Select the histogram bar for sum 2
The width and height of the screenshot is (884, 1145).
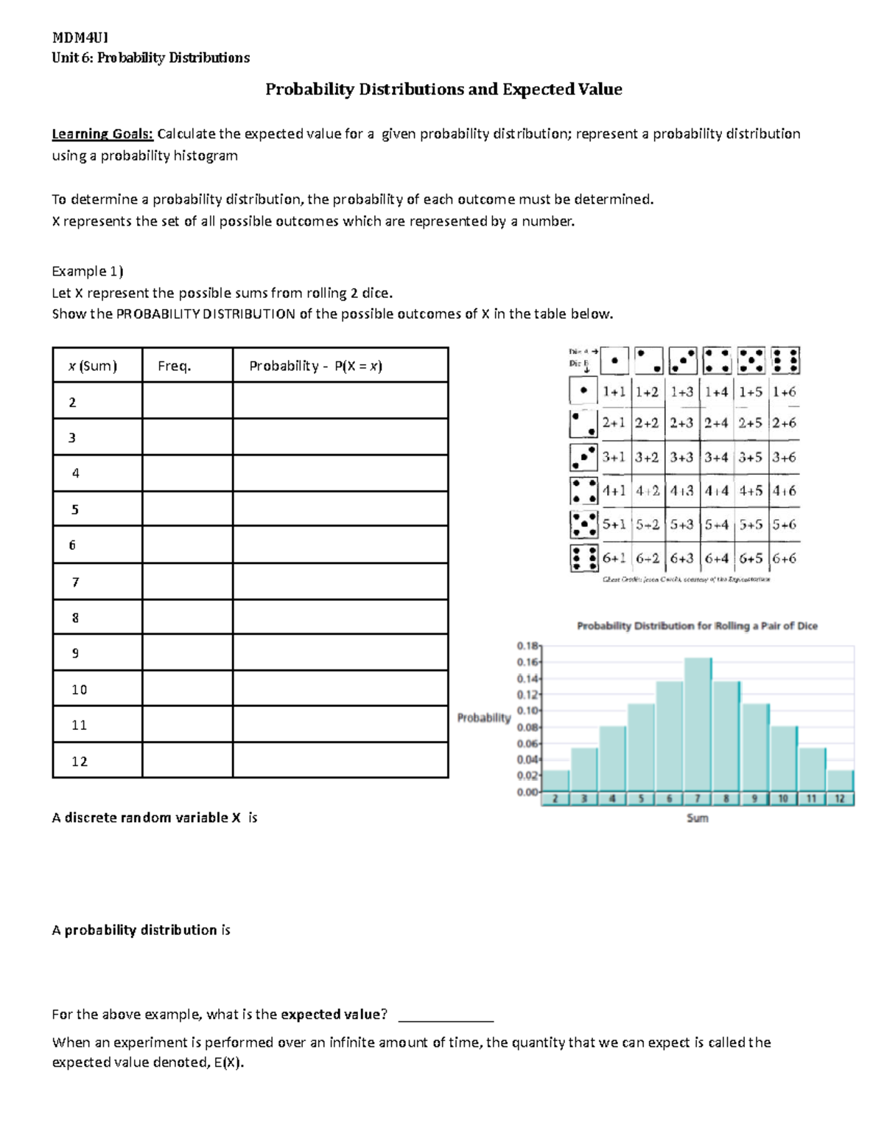coord(556,781)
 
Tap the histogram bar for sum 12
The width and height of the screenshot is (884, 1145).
coord(840,781)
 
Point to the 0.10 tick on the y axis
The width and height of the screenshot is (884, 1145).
coord(527,711)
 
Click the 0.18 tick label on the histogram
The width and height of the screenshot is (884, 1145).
coord(527,645)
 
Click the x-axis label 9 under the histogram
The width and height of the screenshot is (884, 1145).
coord(754,798)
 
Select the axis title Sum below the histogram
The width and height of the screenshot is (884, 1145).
coord(697,818)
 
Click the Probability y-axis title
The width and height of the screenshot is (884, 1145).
coord(483,717)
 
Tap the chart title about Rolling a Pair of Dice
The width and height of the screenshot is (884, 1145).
coord(697,626)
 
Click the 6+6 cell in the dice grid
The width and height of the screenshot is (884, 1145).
coord(784,558)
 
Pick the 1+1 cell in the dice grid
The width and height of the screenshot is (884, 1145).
coord(614,392)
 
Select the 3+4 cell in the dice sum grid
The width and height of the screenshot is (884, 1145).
coord(716,457)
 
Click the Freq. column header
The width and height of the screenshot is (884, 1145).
coord(175,366)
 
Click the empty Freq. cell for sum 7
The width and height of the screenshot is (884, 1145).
coord(187,582)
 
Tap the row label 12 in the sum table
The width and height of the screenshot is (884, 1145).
coord(80,761)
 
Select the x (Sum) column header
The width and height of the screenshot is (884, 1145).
coord(93,366)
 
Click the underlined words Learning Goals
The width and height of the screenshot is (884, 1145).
coord(102,133)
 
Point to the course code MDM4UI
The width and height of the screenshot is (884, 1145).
coord(80,38)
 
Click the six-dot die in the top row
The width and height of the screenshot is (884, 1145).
coord(785,361)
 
